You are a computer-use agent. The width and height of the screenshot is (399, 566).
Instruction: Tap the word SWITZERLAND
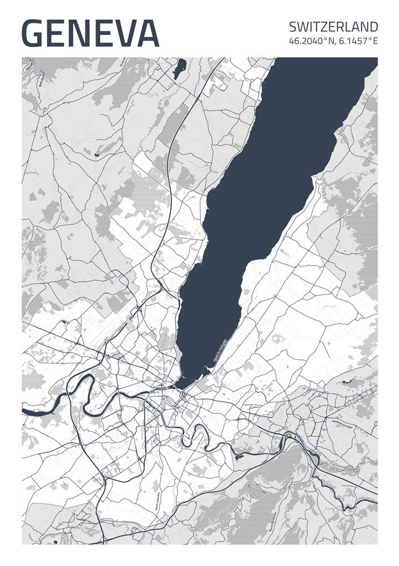click(x=333, y=27)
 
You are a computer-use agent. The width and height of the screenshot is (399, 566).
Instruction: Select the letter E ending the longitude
click(x=375, y=41)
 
